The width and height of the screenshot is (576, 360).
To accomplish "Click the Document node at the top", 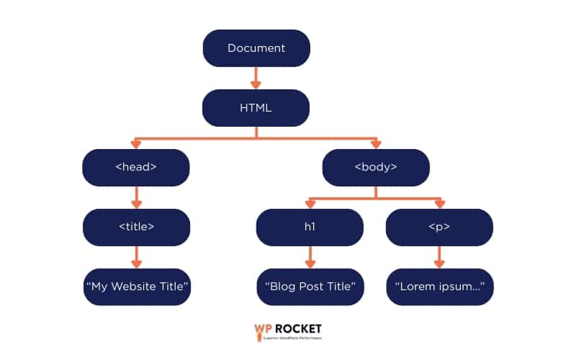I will (x=256, y=48).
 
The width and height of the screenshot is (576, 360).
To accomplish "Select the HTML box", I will (x=256, y=108).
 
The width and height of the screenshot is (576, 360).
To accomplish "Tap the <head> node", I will (x=136, y=167).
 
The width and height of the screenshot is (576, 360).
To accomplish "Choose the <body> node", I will (x=376, y=167).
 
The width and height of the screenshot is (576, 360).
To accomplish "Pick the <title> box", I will (x=136, y=227).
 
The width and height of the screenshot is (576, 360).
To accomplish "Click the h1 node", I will (x=310, y=227).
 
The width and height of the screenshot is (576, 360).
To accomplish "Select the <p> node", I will (x=439, y=227).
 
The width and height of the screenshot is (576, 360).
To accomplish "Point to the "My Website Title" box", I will (x=136, y=287).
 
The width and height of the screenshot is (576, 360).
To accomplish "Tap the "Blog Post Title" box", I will (x=310, y=287).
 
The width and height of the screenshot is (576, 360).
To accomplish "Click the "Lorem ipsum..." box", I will (x=439, y=287).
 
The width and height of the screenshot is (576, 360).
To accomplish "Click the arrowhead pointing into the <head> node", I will (x=136, y=145).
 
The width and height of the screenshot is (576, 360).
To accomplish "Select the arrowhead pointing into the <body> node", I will (x=376, y=145).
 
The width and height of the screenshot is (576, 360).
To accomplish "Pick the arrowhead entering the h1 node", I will (x=310, y=204).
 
